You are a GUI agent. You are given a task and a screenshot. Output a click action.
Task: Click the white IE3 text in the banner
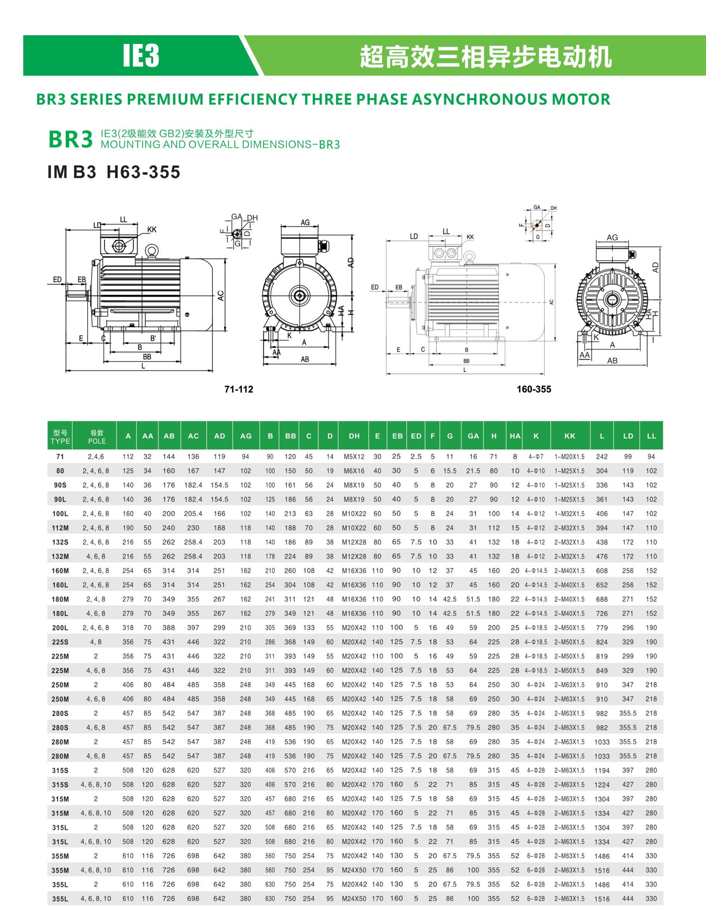141,56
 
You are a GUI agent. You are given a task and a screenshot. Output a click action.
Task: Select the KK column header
569,436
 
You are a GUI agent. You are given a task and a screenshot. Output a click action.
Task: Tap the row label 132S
60,542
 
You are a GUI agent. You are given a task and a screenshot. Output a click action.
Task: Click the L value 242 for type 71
601,456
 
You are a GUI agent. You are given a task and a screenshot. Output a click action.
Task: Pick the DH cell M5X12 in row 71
354,456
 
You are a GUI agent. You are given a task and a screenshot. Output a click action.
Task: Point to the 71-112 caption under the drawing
239,389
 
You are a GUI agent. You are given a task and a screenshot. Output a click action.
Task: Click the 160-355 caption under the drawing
534,389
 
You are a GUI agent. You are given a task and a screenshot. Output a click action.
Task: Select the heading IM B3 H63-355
114,172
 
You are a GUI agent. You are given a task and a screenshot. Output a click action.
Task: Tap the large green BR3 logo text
71,139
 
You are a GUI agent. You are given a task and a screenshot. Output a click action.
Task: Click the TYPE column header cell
60,436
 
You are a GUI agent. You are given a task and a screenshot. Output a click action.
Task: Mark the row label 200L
60,627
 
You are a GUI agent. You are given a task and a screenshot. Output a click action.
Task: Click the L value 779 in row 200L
601,627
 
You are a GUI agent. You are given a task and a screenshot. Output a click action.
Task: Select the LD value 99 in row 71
628,456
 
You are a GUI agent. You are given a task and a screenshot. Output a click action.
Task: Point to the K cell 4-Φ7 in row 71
536,456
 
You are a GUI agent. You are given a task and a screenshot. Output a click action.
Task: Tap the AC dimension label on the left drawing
220,295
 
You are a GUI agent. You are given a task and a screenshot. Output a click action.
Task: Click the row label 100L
60,513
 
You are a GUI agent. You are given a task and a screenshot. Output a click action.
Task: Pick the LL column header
651,436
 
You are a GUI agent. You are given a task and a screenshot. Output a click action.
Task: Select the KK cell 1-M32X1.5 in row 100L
569,513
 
